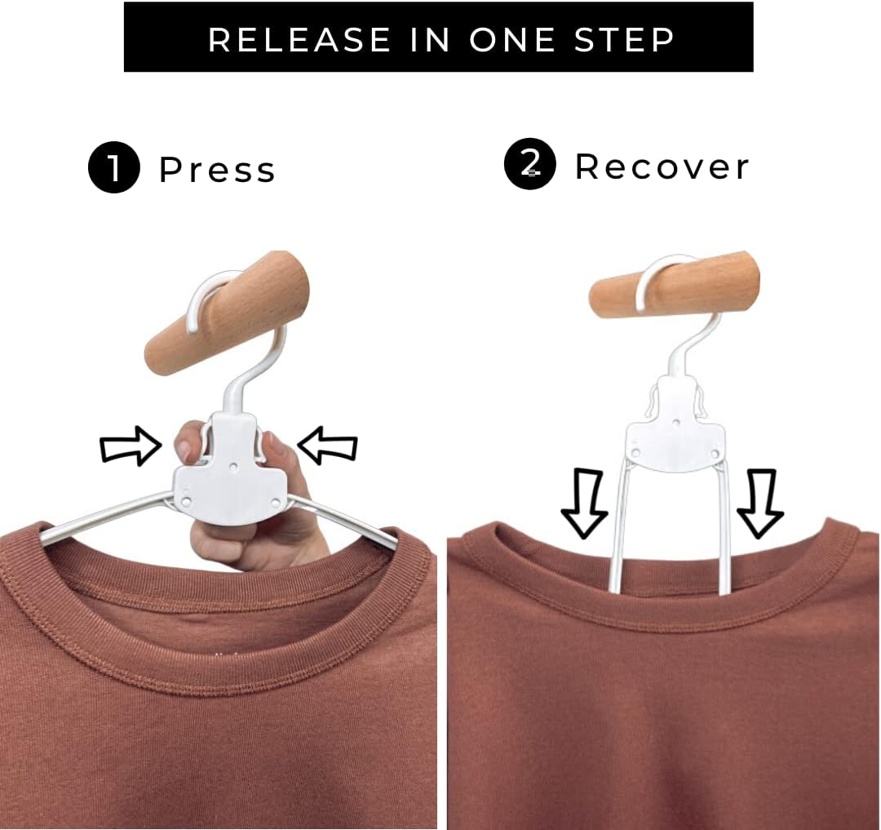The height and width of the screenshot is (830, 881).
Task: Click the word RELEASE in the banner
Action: coord(299,39)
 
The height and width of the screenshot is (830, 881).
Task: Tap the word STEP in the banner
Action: coord(624,39)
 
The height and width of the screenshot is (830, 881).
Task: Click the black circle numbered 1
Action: coord(114,167)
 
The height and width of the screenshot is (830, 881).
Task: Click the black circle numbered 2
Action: coord(530,164)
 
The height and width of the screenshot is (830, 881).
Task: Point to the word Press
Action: coord(218,169)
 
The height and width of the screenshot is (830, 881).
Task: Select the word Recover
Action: coord(662,166)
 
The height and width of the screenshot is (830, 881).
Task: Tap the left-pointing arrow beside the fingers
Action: coord(328,446)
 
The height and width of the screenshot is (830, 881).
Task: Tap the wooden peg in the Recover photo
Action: coord(675,286)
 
